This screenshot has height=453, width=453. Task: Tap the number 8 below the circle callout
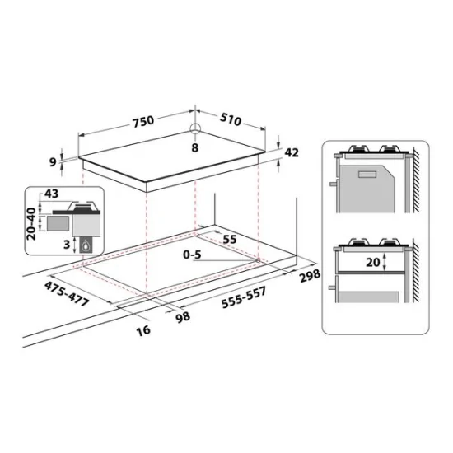coord(194,148)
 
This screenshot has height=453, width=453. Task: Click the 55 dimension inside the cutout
coord(230,239)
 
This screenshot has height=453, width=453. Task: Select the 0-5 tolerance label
coord(193,255)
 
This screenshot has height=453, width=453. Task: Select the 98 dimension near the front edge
coord(183,315)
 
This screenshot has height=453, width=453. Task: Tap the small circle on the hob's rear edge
coord(194,128)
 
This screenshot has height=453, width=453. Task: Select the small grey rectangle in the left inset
coord(57,222)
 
